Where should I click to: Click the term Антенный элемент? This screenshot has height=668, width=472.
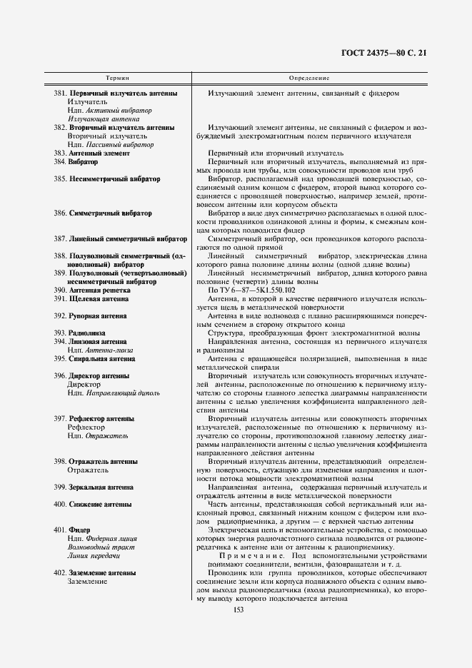[x=99, y=153]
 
